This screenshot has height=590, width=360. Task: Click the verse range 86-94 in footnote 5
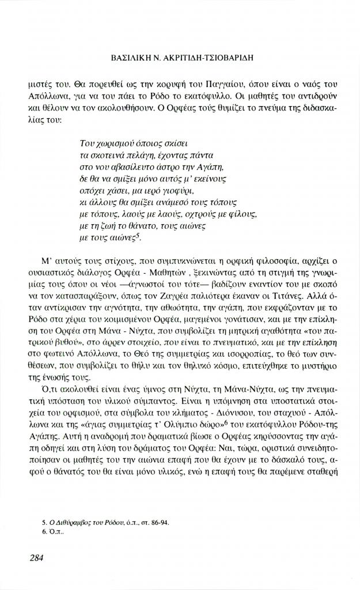click(x=161, y=522)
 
